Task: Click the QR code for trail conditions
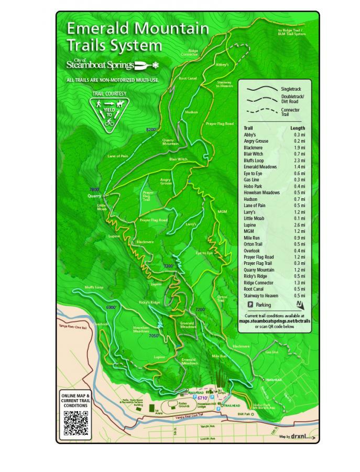75,423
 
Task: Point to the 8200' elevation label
151,129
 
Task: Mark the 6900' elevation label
112,307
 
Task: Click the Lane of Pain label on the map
118,156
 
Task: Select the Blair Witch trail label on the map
178,159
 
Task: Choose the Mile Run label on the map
219,356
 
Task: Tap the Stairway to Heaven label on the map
225,84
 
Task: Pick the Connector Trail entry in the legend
290,112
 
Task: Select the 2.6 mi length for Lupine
299,225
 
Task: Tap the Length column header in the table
298,128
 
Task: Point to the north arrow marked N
299,304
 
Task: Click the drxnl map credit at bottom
303,436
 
